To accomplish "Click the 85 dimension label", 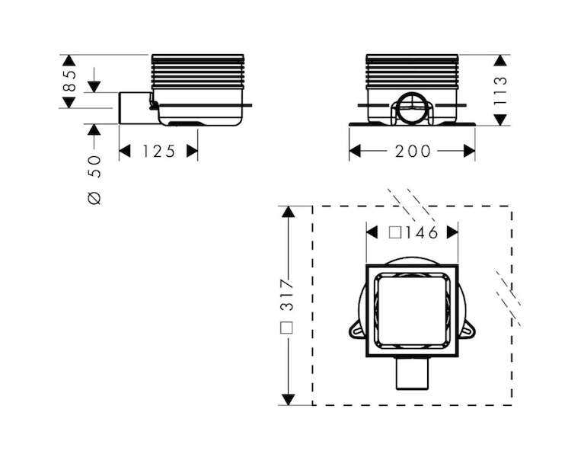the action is [69, 81].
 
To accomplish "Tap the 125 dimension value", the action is [159, 152].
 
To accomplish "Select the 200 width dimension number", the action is [413, 152].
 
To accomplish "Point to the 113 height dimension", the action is [500, 91].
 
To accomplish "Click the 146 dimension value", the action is [422, 233].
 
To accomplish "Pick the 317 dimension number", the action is [287, 294].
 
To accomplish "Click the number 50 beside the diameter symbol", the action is [94, 167].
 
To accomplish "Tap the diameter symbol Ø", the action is [94, 199].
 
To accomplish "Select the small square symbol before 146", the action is [395, 233].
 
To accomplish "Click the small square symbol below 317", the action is [287, 328].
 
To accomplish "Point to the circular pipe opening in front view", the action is [412, 108].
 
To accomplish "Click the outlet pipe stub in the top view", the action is [412, 373].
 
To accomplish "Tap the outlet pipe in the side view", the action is [137, 108].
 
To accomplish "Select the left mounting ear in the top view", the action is [356, 331].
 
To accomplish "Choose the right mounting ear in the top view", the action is [468, 331].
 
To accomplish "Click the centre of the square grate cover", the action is [412, 310].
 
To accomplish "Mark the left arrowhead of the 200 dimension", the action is [355, 152].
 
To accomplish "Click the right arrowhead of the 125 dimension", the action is [192, 152].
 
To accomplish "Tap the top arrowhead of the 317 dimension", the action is [288, 212].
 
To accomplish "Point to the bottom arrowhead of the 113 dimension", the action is [500, 120].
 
